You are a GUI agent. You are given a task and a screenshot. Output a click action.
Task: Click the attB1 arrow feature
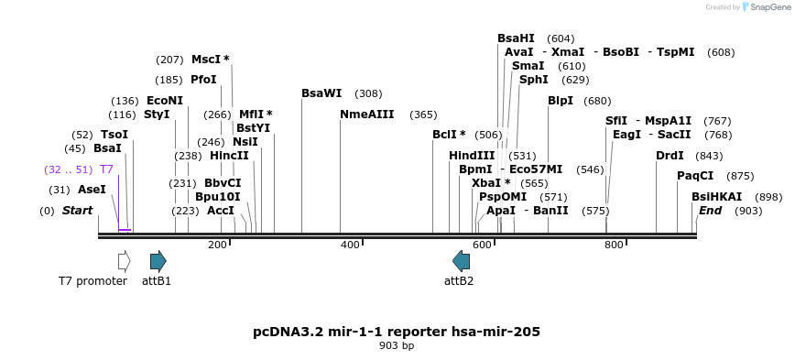[158, 261]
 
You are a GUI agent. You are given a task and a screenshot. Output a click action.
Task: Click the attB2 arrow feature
[461, 261]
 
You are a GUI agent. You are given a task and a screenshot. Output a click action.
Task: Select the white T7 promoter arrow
[124, 261]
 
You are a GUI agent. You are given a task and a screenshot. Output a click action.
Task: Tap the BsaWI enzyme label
[321, 93]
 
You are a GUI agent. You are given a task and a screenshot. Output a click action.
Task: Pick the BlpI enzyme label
[560, 101]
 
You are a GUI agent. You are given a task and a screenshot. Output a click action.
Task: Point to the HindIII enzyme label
[472, 156]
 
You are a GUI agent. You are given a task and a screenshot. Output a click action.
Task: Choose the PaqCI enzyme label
[695, 176]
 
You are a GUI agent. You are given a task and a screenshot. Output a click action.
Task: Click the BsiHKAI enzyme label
[717, 197]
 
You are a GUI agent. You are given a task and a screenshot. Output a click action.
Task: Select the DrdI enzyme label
[670, 156]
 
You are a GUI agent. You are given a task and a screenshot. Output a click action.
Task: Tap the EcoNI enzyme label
[165, 101]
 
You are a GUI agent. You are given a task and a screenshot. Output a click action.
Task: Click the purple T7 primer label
[106, 169]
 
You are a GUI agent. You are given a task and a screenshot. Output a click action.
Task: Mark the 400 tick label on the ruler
[351, 245]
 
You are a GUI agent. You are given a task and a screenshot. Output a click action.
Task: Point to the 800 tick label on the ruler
[614, 245]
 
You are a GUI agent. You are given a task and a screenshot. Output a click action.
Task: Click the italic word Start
[78, 211]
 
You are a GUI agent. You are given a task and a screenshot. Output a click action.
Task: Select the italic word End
[711, 211]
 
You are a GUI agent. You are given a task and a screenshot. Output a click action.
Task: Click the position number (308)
[368, 93]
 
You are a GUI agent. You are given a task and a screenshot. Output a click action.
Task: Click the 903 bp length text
[397, 346]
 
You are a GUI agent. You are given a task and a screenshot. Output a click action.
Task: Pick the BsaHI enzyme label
[516, 38]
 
